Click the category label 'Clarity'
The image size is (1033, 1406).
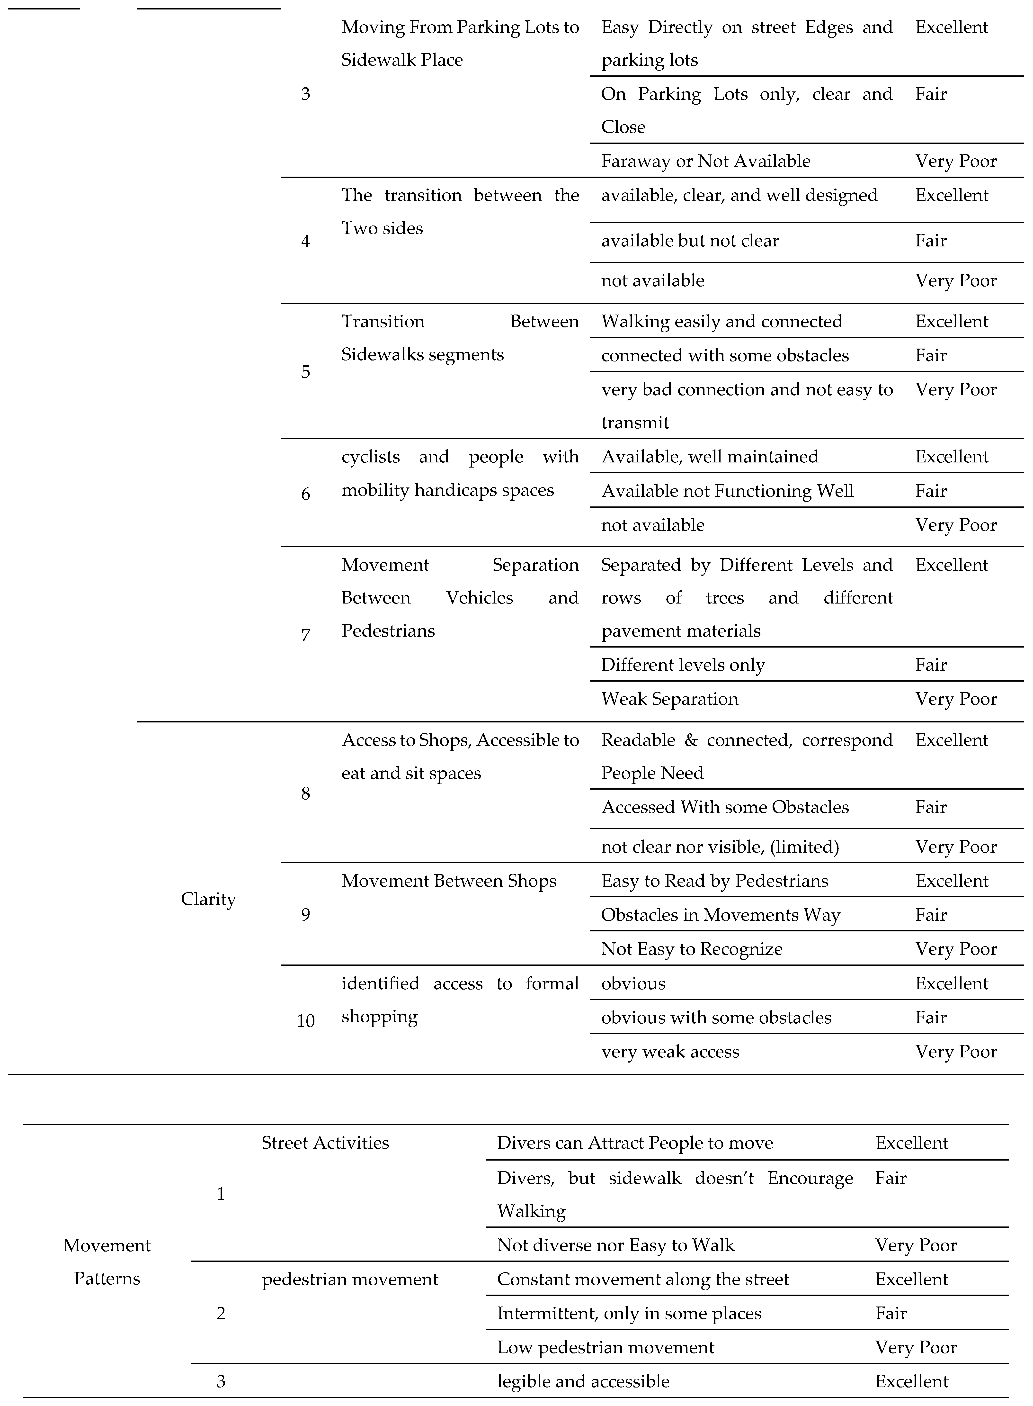coord(208,899)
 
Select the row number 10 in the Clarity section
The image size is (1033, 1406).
coord(305,1021)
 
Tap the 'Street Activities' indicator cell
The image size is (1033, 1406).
coord(325,1143)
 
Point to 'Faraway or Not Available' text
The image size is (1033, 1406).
coord(705,161)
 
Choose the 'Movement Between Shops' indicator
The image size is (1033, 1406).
coord(448,881)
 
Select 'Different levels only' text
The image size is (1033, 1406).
coord(683,665)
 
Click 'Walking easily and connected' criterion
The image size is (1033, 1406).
coord(721,322)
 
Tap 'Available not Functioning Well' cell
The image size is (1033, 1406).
coord(727,491)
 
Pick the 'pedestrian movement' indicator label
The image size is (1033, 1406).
coord(349,1280)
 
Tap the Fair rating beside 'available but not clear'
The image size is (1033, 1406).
coord(930,241)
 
